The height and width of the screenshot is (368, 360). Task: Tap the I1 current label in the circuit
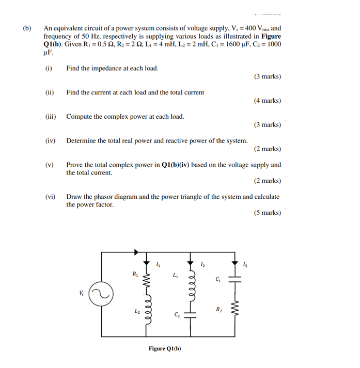(158, 265)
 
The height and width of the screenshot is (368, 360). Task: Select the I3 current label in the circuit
(245, 265)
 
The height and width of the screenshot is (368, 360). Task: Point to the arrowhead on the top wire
(136, 252)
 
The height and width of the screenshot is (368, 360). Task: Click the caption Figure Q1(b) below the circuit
(165, 349)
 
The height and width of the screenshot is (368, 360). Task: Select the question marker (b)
(27, 28)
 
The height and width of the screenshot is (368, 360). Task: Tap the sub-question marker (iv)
(50, 140)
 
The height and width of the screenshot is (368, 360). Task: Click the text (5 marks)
(267, 213)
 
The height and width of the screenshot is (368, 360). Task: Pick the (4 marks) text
(267, 101)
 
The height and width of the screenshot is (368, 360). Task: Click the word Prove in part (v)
(74, 165)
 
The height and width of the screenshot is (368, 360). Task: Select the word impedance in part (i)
(106, 68)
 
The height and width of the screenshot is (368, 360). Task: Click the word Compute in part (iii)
(79, 117)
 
